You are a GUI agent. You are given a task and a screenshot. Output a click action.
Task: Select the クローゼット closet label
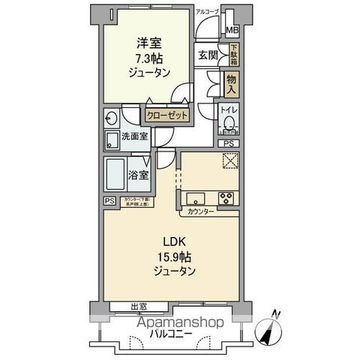point(163,115)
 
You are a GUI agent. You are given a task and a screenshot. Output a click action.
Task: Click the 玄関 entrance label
point(208,55)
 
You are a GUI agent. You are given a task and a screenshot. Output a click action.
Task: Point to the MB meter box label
point(234,31)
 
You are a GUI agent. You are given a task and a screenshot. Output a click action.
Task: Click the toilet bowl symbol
point(229,125)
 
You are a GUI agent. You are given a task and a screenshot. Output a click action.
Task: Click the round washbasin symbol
point(111,118)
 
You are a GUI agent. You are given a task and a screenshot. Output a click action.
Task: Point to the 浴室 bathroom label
point(137,174)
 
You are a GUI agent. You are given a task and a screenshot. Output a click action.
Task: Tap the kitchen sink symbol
point(195,199)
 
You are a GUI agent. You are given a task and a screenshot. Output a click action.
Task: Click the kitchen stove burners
point(226,199)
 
